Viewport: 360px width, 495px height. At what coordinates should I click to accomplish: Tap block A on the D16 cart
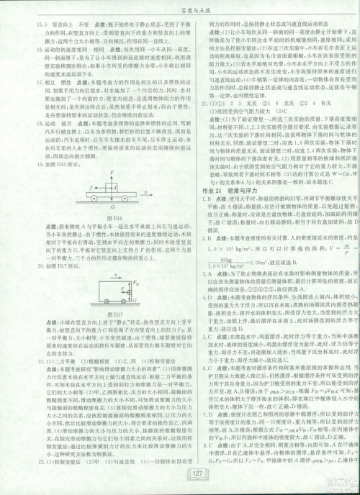(110, 183)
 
